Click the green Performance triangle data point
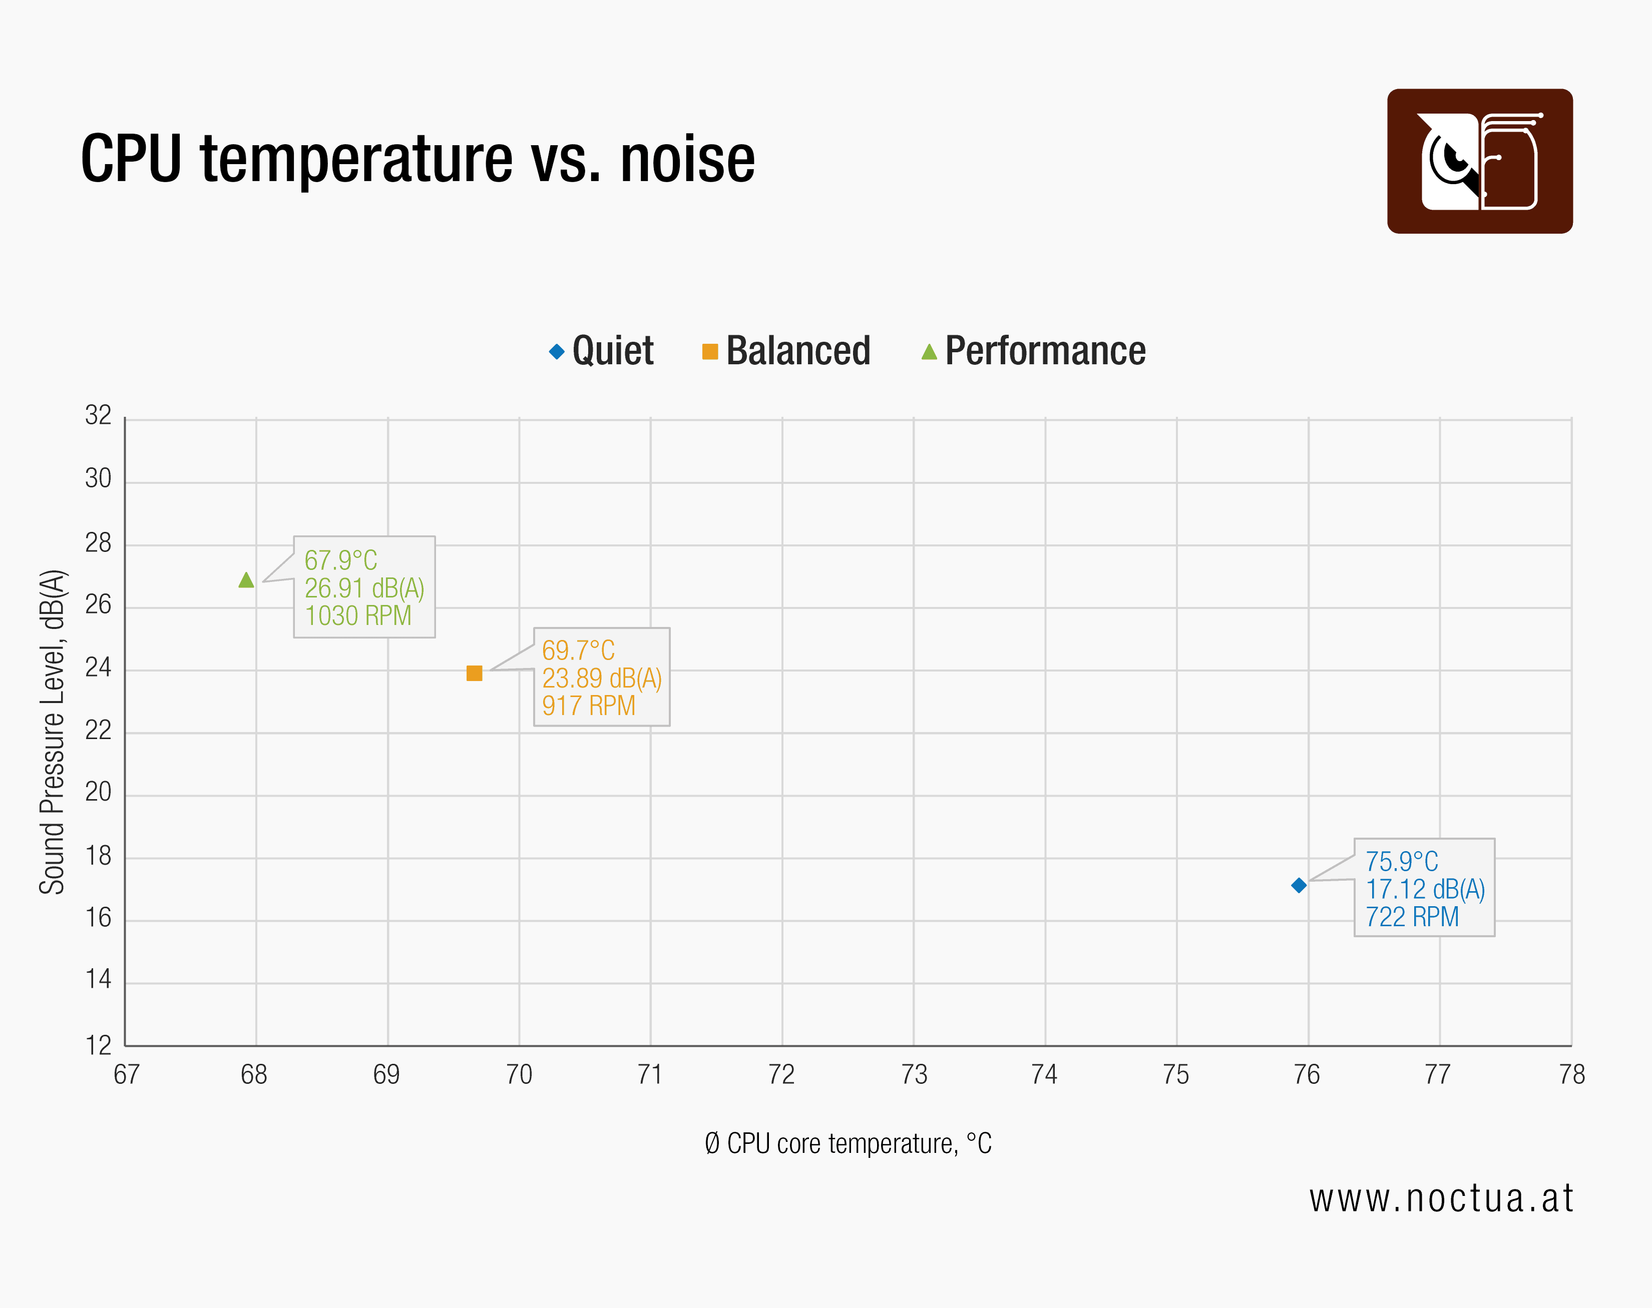246,580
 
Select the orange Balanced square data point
474,673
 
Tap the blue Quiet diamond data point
1299,885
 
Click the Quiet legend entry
602,351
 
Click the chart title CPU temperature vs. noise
418,159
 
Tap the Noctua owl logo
1480,161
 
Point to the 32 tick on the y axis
98,416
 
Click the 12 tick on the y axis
98,1045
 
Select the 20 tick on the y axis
98,792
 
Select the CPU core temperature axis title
848,1143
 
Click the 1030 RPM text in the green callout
358,615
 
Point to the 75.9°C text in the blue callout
1401,862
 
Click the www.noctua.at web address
1441,1198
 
